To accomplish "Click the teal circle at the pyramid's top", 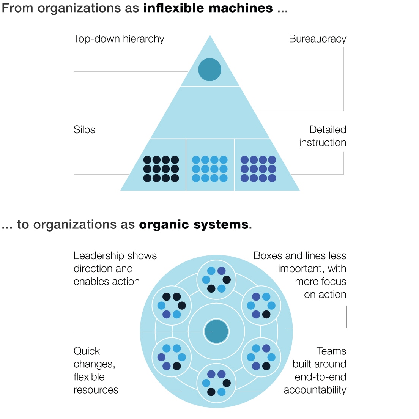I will (x=209, y=69).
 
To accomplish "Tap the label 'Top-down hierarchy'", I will (x=119, y=39).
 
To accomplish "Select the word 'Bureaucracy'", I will (x=317, y=39).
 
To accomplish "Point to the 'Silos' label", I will (x=84, y=130).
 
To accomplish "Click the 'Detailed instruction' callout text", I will (x=323, y=136).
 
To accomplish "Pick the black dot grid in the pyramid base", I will (x=161, y=169).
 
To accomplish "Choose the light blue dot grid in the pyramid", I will (x=209, y=169).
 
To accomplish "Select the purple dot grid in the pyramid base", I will (x=258, y=169).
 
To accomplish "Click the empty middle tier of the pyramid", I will (x=209, y=113).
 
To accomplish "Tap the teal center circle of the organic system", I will (x=216, y=331).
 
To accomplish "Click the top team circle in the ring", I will (x=216, y=280).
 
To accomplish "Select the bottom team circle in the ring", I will (x=216, y=383).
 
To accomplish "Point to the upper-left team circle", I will (x=172, y=306).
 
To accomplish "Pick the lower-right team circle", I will (x=261, y=357).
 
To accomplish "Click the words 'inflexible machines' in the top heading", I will (x=208, y=8).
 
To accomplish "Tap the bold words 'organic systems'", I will (x=194, y=225).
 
